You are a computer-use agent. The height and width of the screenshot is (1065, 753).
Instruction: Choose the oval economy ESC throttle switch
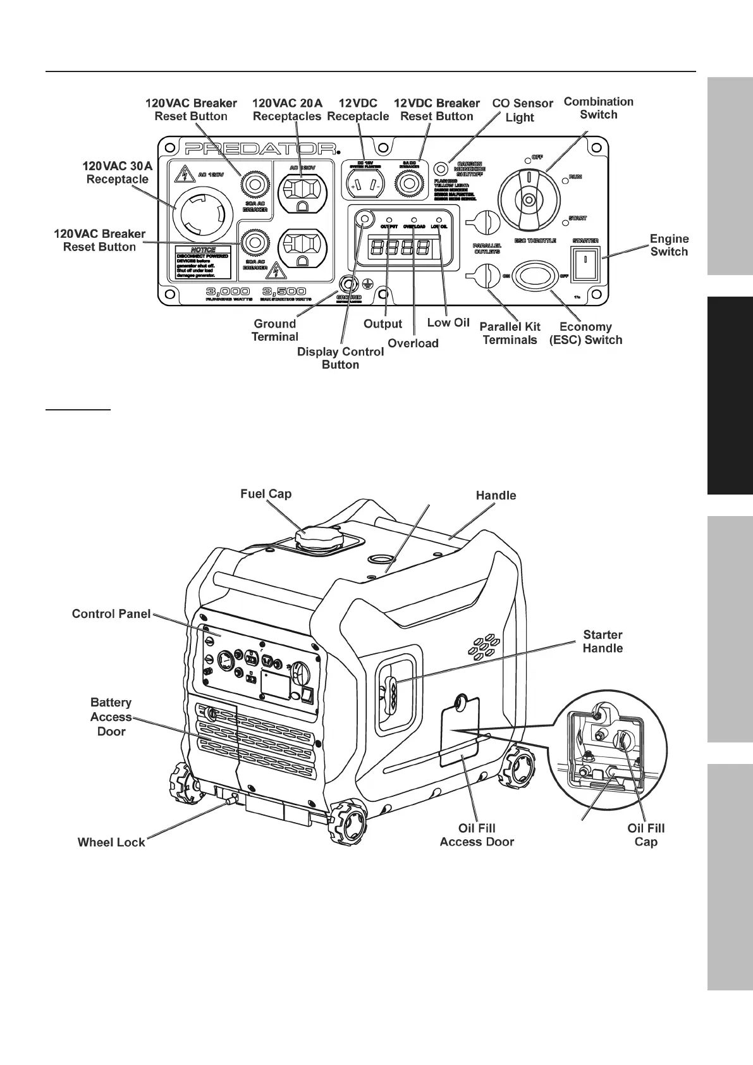pyautogui.click(x=535, y=276)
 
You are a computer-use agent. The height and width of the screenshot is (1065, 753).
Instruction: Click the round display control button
pyautogui.click(x=364, y=219)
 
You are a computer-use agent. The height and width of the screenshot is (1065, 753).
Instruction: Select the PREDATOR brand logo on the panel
pyautogui.click(x=260, y=149)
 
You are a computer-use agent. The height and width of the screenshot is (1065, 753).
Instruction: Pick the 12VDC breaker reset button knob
pyautogui.click(x=408, y=184)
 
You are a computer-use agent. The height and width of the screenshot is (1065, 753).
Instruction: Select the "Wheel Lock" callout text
pyautogui.click(x=111, y=842)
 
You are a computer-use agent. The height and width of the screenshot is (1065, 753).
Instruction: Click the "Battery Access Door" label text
pyautogui.click(x=111, y=717)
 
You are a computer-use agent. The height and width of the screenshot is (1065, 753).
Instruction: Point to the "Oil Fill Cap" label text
pyautogui.click(x=646, y=835)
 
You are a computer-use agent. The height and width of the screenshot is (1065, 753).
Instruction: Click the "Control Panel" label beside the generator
pyautogui.click(x=111, y=613)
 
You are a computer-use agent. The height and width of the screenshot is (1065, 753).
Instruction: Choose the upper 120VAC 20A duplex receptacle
pyautogui.click(x=302, y=188)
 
